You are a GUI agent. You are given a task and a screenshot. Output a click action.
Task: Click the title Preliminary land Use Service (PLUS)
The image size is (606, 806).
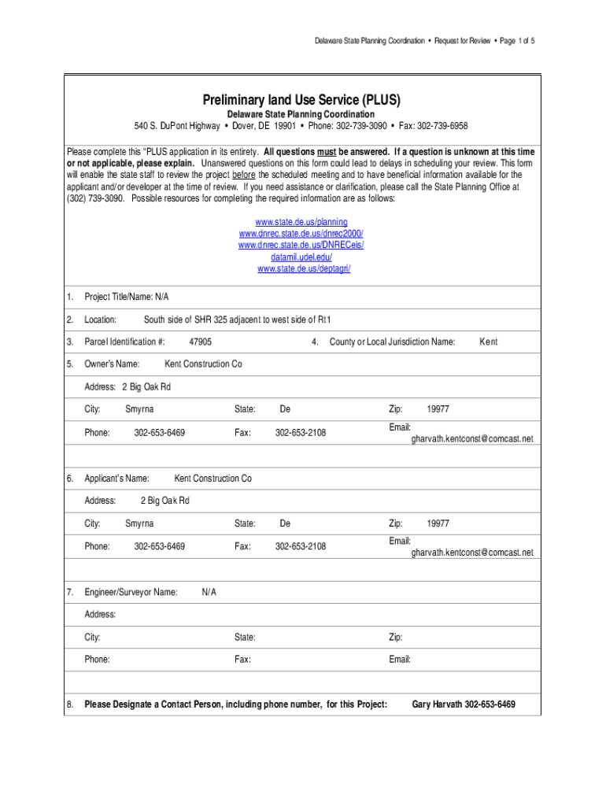302,100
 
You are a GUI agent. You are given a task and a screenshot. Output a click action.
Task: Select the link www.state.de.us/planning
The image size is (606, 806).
302,222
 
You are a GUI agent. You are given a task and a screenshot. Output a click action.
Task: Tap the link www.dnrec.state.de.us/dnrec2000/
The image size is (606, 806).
302,234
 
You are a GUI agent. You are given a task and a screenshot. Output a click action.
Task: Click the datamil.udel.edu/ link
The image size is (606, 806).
302,257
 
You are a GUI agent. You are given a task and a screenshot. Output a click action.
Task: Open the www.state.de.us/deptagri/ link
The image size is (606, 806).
304,269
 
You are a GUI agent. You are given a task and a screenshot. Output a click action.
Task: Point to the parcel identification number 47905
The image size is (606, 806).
200,342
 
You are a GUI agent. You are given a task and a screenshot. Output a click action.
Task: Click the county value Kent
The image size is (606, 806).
488,342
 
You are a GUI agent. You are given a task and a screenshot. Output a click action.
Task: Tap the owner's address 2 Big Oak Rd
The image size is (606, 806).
146,386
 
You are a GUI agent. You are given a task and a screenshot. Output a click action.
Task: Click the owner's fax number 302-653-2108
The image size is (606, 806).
300,433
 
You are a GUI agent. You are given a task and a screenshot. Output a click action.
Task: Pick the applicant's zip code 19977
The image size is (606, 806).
438,523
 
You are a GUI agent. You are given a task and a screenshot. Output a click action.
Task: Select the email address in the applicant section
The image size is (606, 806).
471,553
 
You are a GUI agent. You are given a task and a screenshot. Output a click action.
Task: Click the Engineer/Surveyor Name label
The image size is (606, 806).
131,592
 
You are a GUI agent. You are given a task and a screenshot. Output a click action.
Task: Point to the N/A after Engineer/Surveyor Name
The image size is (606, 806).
209,592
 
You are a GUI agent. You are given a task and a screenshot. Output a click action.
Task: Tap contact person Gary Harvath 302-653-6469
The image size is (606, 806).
464,704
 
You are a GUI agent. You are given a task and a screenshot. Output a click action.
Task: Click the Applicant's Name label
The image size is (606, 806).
116,479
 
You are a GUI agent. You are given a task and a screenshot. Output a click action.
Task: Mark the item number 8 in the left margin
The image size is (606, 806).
70,704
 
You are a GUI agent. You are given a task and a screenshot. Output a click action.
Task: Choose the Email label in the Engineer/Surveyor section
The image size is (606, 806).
400,660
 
